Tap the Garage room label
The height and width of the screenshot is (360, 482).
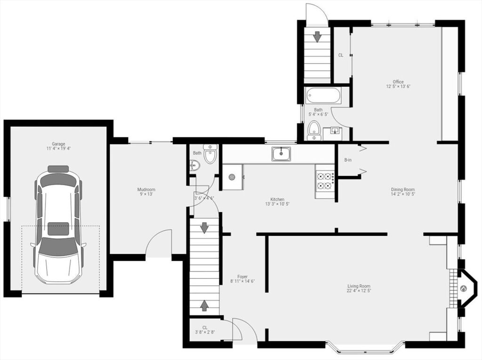58,144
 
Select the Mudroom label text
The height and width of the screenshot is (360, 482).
146,190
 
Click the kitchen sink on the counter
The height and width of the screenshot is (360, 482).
281,153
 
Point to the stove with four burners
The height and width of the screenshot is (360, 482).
325,181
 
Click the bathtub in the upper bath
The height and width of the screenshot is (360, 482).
323,96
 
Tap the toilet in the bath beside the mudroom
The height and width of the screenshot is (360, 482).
210,154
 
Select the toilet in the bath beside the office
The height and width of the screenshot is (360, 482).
314,130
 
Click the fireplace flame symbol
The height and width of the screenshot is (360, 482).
463,288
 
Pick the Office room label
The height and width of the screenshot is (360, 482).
398,82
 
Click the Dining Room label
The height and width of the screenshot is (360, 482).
403,190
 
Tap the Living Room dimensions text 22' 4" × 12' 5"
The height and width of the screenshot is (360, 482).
358,290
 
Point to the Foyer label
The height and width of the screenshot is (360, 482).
242,277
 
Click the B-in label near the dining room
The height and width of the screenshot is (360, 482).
348,160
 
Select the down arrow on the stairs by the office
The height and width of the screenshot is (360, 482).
317,37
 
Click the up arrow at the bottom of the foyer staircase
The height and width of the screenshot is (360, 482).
204,305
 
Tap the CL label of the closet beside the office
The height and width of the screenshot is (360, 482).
341,56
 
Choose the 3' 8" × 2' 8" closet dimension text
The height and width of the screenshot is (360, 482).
205,332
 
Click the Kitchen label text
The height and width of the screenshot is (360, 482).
277,199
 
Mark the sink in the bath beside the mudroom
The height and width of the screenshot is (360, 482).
195,165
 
